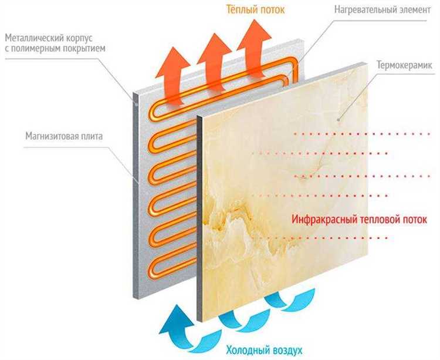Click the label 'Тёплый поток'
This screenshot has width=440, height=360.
coord(256,9)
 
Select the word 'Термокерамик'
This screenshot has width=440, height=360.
coord(405,65)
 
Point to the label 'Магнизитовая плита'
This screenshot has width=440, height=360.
coord(64,136)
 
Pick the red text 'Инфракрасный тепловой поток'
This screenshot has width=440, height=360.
coord(358,219)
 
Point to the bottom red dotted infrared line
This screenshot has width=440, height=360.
coord(329,238)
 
